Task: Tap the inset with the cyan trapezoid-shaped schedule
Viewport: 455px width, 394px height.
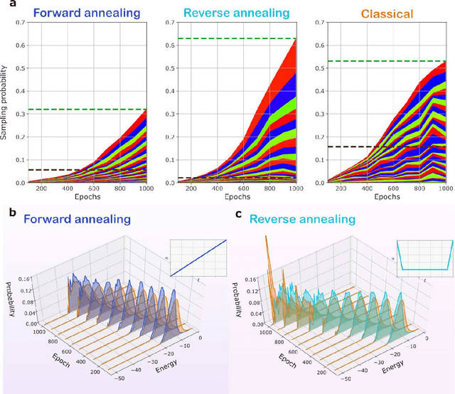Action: (424, 258)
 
